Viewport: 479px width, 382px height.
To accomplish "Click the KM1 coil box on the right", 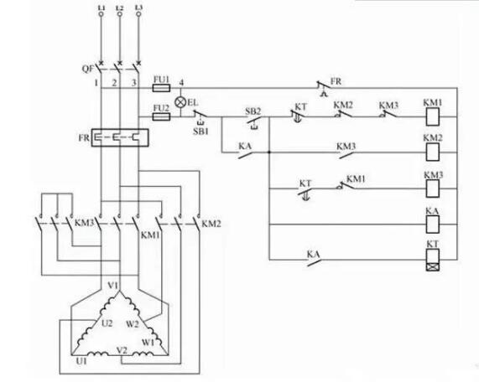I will tap(434, 118).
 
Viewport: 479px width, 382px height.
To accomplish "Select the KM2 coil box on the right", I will tap(434, 152).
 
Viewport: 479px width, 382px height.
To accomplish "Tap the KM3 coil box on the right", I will tap(434, 188).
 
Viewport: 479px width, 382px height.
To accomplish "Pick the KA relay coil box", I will tap(434, 225).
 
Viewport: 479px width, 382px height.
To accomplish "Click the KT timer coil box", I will tap(434, 261).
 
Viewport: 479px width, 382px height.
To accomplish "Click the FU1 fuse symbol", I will tap(161, 87).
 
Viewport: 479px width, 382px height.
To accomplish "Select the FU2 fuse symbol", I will tap(161, 118).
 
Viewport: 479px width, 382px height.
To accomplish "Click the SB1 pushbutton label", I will tap(200, 132).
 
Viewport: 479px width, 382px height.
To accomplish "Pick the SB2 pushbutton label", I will tap(253, 111).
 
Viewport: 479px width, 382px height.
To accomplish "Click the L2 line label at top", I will tap(120, 8).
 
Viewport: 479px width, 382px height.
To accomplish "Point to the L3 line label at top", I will tap(138, 8).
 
